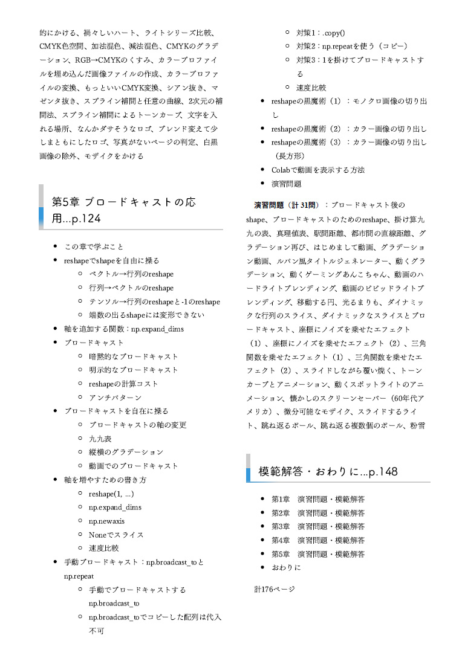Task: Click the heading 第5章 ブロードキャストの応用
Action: coord(124,209)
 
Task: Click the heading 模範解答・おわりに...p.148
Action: coord(328,471)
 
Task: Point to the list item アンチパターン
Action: coord(115,397)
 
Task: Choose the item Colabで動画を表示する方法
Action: coord(317,170)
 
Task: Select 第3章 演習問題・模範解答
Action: coord(317,526)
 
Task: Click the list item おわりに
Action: coord(285,567)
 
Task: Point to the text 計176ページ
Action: coord(275,588)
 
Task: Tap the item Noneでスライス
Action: coord(116,534)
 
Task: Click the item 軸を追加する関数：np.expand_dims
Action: coord(123,329)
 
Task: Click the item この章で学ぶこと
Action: coord(94,247)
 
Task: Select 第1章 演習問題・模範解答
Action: coord(317,499)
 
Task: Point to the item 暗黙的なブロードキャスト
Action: coord(133,356)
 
